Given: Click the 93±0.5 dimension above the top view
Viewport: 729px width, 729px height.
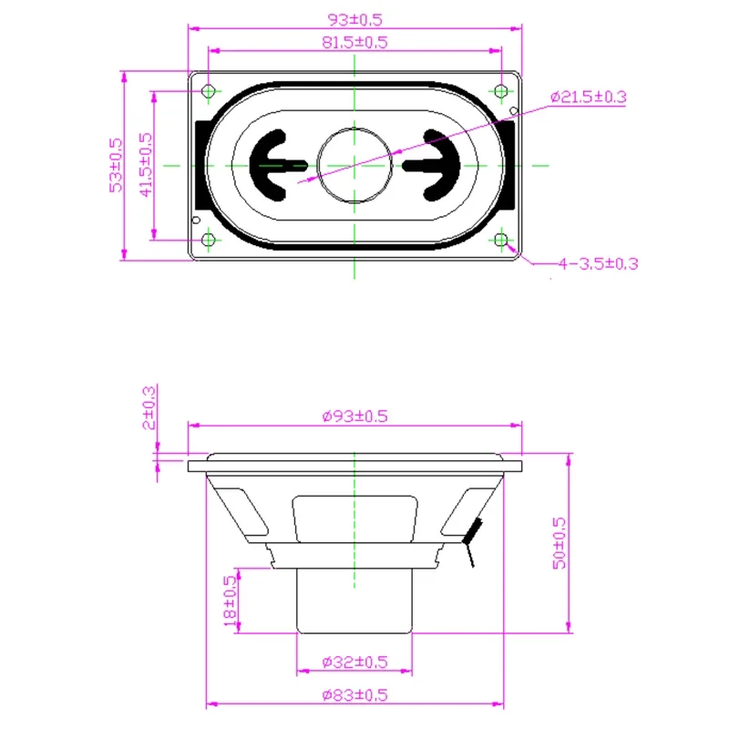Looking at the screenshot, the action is (x=354, y=19).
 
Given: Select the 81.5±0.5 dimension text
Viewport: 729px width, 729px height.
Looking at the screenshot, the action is (x=354, y=42).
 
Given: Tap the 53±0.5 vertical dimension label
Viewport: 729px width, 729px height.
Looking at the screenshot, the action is (x=116, y=165).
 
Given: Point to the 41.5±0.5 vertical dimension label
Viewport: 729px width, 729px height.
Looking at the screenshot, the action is (x=146, y=165).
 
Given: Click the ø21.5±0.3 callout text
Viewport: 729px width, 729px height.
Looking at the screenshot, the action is (x=588, y=97).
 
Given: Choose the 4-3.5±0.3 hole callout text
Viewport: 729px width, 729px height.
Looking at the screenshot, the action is (x=599, y=263).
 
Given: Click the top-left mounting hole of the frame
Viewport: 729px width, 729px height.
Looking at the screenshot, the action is (x=209, y=90).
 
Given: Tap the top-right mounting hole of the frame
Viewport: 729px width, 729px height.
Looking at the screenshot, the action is (x=500, y=90).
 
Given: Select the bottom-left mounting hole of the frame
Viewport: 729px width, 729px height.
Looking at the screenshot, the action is (x=209, y=240).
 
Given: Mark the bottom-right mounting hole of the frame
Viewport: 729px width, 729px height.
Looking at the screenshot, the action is (x=500, y=240).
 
